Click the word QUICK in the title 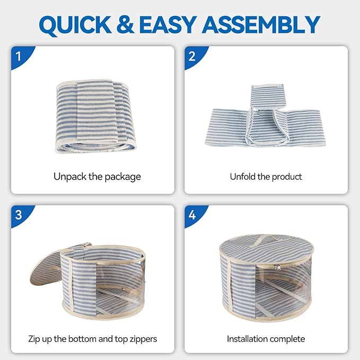pos(75,25)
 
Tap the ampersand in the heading pos(125,24)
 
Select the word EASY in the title pos(168,24)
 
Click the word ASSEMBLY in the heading pos(261,24)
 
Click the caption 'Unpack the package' pos(97,177)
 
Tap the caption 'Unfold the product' pos(266,177)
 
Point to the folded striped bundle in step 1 pos(95,116)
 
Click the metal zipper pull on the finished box pos(277,267)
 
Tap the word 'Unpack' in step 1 pos(70,177)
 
